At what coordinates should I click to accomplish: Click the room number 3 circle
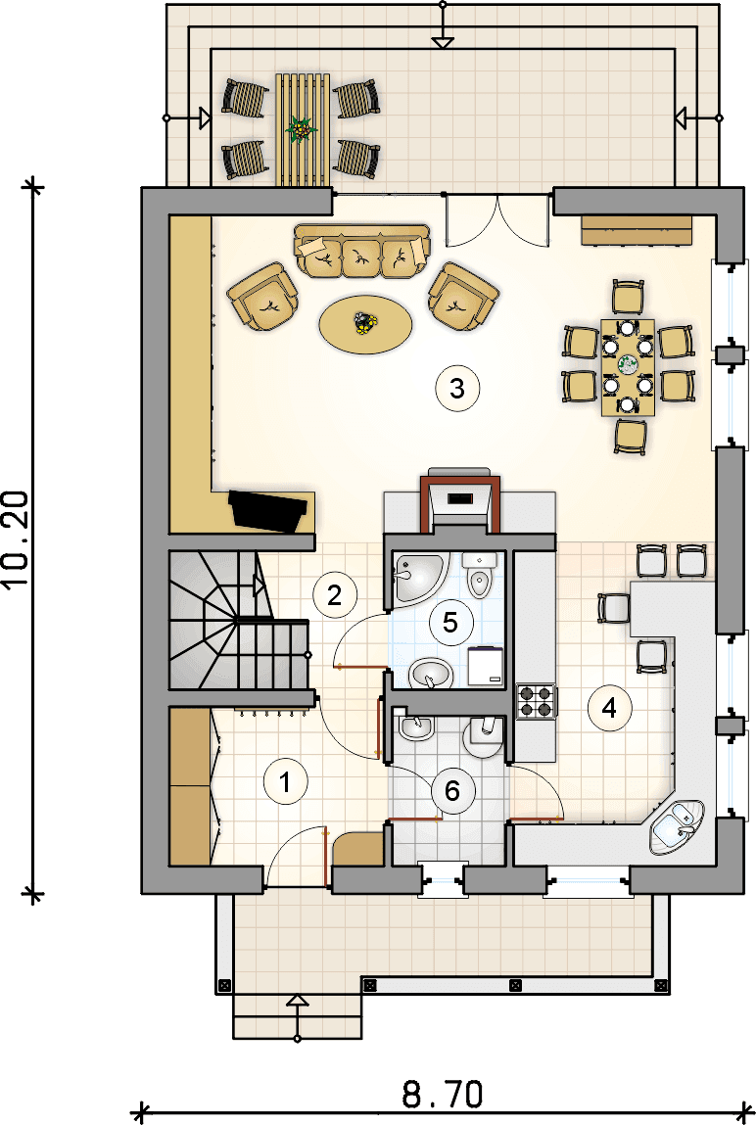pos(457,388)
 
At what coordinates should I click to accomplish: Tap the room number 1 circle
pos(286,781)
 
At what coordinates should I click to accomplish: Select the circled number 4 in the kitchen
pos(609,709)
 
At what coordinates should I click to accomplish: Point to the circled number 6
pos(451,791)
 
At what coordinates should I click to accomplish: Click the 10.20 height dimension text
pos(16,539)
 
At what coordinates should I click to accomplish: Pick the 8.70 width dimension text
pos(443,1095)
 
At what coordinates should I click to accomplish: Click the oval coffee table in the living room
pos(366,324)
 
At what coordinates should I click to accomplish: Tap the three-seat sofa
pos(362,251)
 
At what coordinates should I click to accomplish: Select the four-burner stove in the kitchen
pos(536,702)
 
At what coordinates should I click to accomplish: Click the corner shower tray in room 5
pos(418,578)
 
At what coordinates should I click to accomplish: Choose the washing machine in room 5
pos(486,667)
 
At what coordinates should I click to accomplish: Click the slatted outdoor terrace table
pos(303,130)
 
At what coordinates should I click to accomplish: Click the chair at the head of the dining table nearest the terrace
pos(629,297)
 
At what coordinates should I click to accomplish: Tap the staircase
pos(239,620)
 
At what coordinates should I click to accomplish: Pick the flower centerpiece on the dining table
pos(628,364)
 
